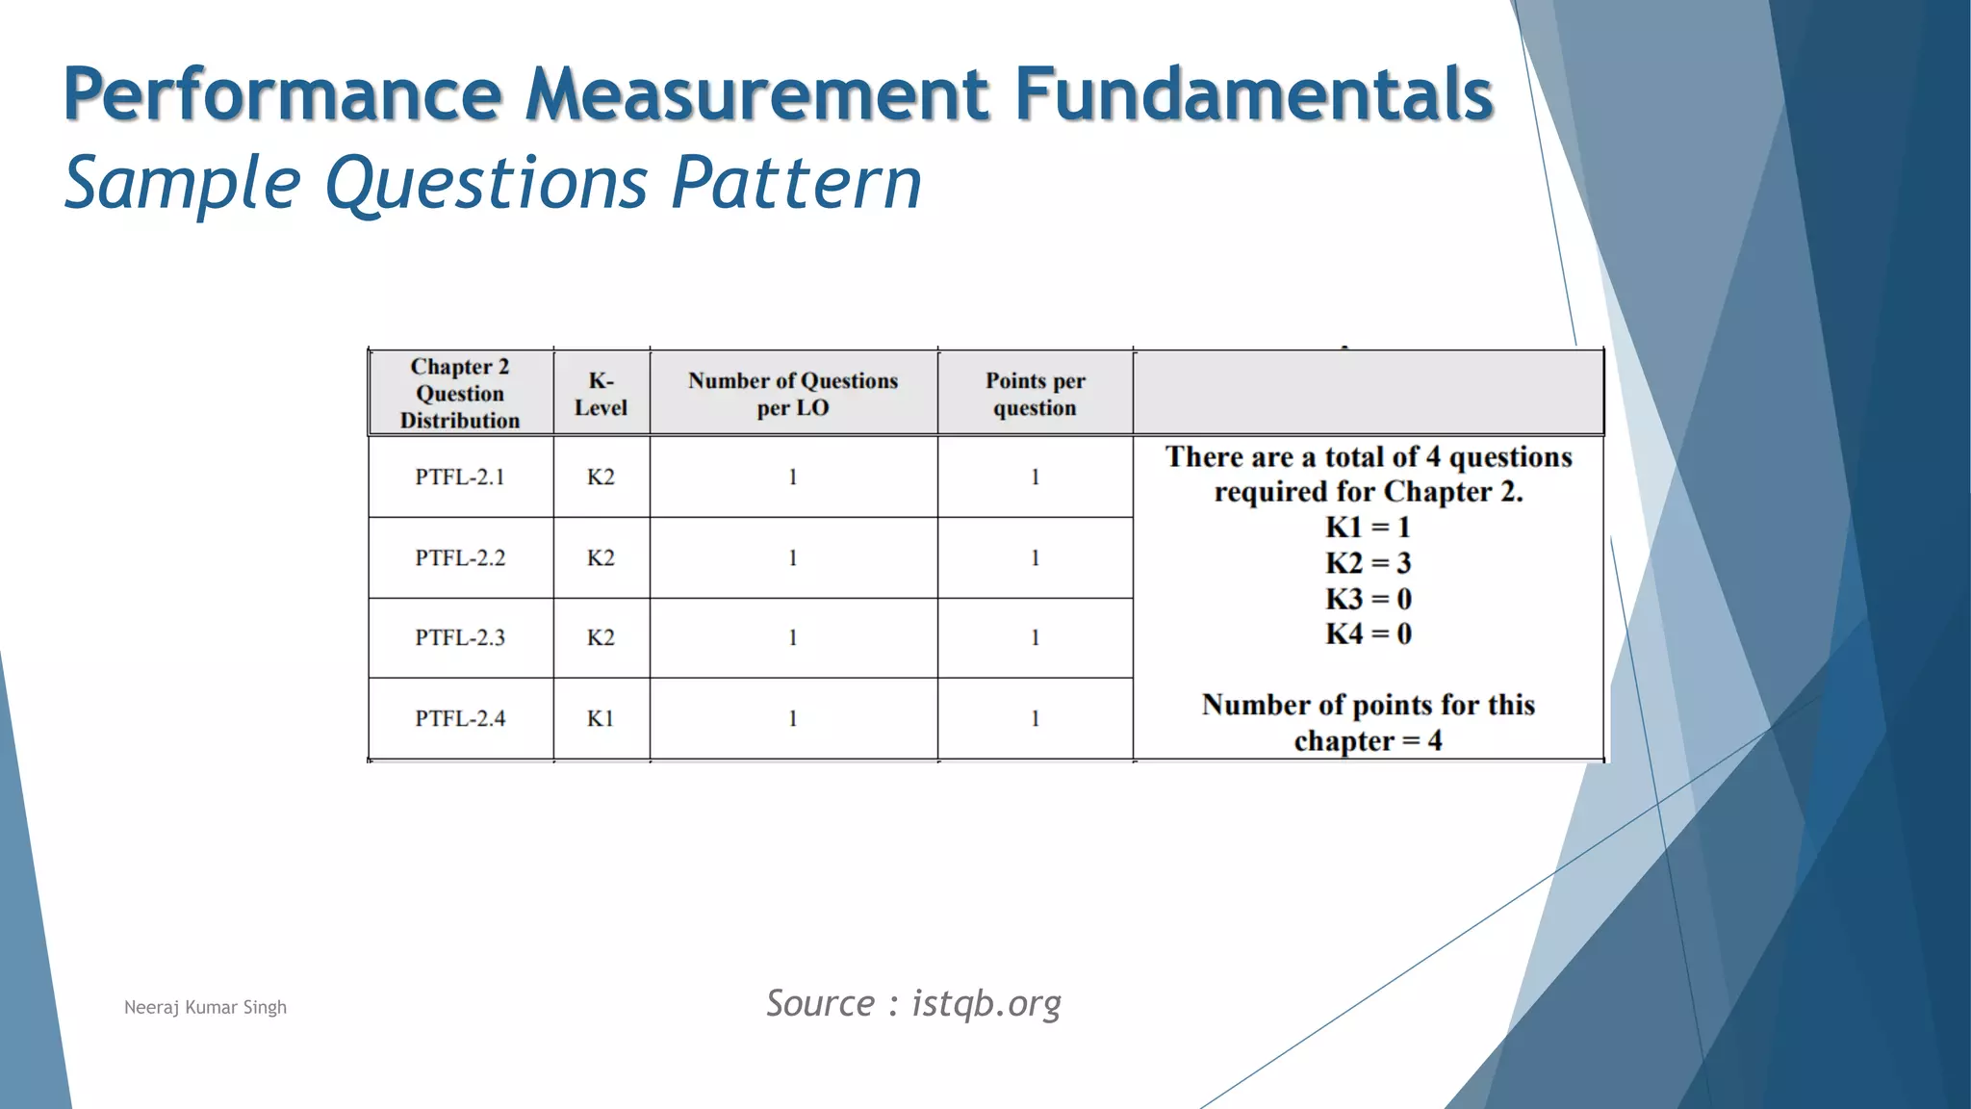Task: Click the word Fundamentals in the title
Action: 1253,94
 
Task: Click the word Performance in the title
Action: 283,94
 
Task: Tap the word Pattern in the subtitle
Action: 796,183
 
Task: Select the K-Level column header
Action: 601,394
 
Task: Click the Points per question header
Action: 1035,394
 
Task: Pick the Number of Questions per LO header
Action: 792,394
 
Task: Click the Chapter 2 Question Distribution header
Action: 460,394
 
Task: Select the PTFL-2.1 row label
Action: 460,477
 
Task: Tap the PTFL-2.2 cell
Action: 460,558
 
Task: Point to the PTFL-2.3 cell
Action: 460,638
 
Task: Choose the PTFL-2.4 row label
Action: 460,719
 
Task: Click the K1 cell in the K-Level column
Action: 601,719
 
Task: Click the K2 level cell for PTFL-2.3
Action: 601,638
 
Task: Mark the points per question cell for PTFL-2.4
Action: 1035,719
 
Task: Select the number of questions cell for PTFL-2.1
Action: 792,477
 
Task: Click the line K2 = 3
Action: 1368,563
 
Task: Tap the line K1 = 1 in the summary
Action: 1368,528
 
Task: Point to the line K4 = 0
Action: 1368,634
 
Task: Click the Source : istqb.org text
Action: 913,1004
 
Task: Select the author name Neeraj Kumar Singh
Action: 205,1008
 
